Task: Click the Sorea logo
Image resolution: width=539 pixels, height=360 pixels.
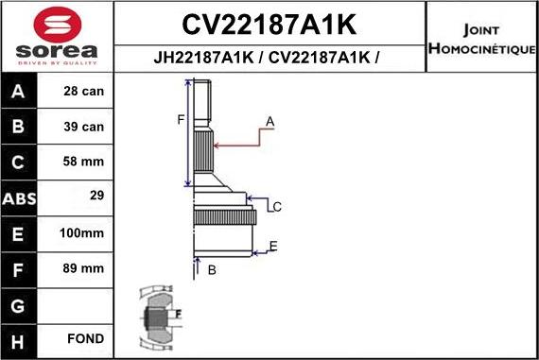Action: click(56, 38)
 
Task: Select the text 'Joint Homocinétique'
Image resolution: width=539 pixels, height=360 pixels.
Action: click(481, 38)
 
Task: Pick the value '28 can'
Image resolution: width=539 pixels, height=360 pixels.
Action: click(84, 92)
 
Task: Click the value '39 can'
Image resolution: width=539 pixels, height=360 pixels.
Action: click(84, 127)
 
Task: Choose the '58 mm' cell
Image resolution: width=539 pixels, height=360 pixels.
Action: click(84, 162)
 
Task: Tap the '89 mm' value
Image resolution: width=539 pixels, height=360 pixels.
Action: click(84, 267)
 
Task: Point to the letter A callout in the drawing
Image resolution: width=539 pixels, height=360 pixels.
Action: click(269, 122)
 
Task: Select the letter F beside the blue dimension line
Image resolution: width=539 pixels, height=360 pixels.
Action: click(180, 119)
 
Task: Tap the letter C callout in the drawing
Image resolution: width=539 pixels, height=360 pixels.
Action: click(277, 206)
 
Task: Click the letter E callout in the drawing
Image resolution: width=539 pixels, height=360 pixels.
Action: click(273, 247)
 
